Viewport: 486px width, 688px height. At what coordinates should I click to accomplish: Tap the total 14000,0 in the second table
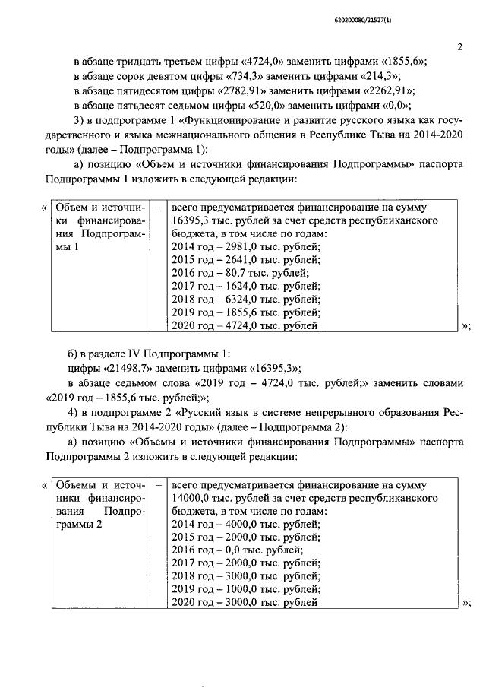pos(192,498)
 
